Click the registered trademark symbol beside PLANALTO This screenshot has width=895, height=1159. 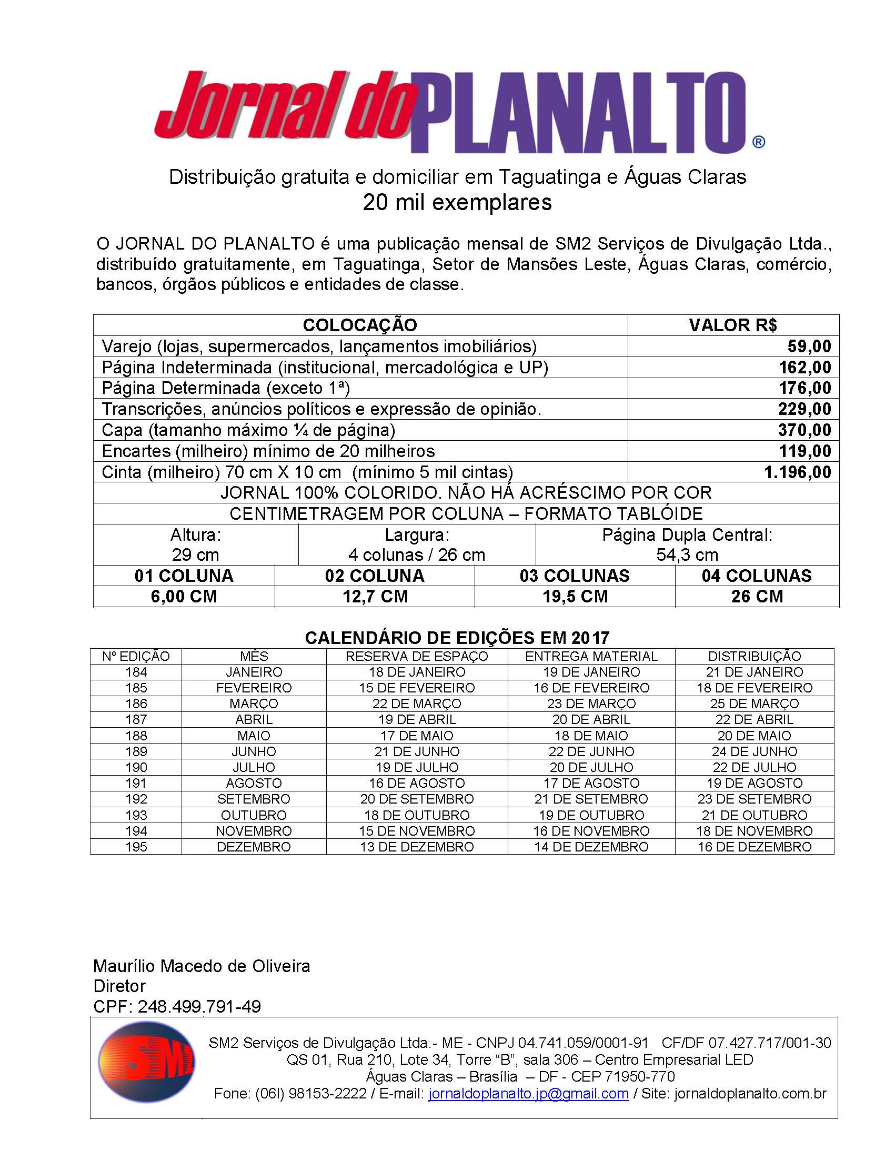tap(758, 142)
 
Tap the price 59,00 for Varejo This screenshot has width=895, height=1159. tap(809, 346)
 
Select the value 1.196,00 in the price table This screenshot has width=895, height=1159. tap(798, 472)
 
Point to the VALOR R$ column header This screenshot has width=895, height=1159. tap(733, 325)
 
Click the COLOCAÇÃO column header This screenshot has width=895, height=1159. tap(360, 325)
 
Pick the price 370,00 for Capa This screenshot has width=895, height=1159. tap(805, 430)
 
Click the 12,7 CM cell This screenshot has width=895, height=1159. tap(375, 597)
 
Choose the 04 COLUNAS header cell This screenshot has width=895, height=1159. tap(757, 576)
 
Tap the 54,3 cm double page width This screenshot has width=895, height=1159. tap(687, 555)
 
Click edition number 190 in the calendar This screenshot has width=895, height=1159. tap(136, 767)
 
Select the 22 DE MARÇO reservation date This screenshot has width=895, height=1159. tap(417, 704)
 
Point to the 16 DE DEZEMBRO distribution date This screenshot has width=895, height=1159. tap(754, 847)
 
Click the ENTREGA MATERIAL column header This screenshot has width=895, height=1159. tap(591, 657)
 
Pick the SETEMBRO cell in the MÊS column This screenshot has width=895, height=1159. tap(254, 799)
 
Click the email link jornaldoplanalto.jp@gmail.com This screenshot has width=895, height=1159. tap(529, 1094)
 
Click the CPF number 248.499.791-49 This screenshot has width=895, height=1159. tap(199, 1007)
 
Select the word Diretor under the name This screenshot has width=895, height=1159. tap(120, 986)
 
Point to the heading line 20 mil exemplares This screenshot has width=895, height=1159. tap(457, 203)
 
